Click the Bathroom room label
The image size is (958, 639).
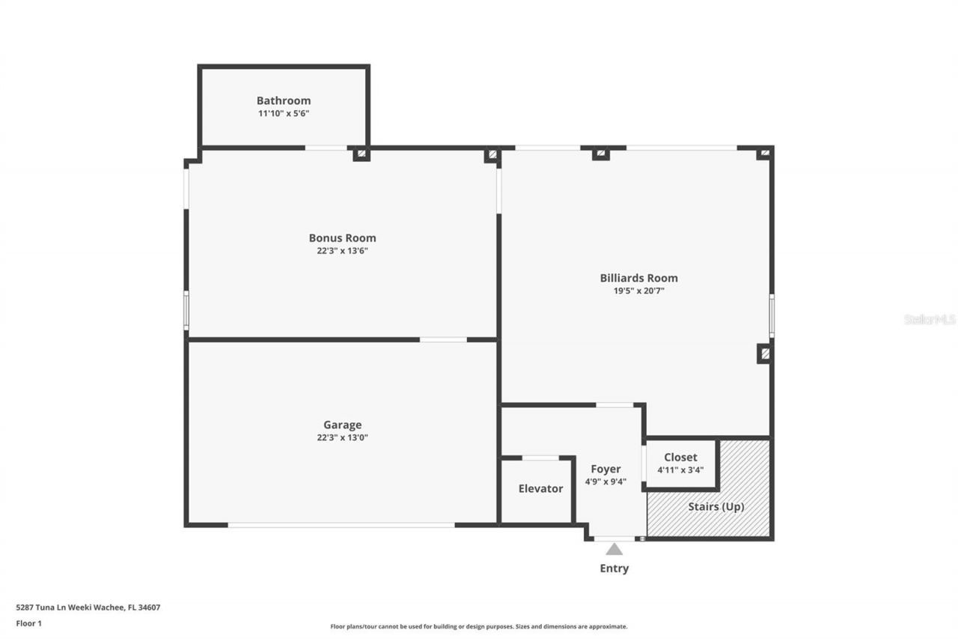click(283, 100)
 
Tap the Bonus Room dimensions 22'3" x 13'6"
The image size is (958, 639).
click(342, 251)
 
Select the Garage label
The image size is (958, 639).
click(342, 425)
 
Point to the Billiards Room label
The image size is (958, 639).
click(638, 278)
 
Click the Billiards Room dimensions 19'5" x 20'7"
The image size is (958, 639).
click(638, 291)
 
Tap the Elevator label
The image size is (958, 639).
click(540, 488)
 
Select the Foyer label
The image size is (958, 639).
click(605, 469)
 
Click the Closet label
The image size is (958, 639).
click(680, 457)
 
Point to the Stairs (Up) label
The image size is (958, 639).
click(716, 506)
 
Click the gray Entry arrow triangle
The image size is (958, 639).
click(614, 549)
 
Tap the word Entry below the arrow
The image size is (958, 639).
click(614, 569)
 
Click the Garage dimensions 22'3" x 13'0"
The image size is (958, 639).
click(342, 437)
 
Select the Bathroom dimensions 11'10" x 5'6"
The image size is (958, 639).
click(283, 113)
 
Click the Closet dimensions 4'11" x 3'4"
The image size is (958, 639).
click(680, 470)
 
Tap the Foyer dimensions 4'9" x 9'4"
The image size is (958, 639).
click(605, 482)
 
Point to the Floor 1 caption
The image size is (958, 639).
click(28, 623)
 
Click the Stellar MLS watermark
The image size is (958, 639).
click(930, 319)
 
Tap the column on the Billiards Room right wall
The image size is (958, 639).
click(764, 353)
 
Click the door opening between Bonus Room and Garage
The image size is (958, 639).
click(443, 339)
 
